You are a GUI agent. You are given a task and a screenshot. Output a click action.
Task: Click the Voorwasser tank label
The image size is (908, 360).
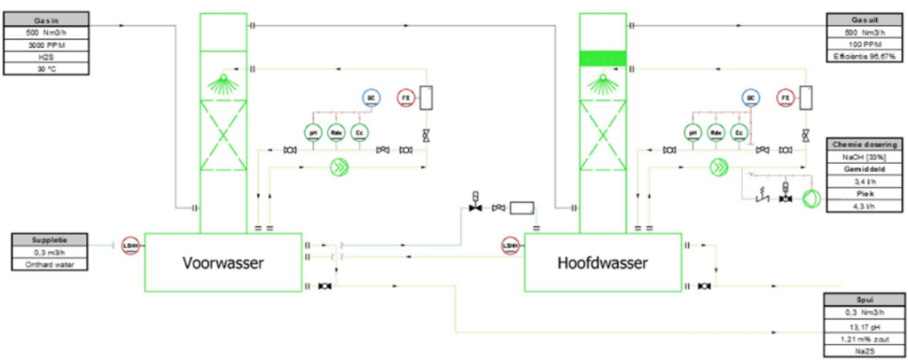pyautogui.click(x=224, y=262)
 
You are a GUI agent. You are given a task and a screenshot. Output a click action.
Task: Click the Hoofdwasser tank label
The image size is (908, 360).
pyautogui.click(x=603, y=262)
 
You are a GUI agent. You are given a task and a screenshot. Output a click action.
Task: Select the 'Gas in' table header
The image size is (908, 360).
pyautogui.click(x=46, y=19)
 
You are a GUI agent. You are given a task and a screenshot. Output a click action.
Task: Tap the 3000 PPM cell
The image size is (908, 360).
pyautogui.click(x=46, y=43)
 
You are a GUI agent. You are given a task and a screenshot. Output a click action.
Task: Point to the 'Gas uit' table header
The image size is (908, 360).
pyautogui.click(x=865, y=19)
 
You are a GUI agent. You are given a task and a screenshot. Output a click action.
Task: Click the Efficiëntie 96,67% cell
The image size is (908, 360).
pyautogui.click(x=865, y=57)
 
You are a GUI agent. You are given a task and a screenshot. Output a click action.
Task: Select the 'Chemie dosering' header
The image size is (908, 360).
pyautogui.click(x=865, y=144)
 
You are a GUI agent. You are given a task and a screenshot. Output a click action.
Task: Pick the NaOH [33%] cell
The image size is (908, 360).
pyautogui.click(x=865, y=156)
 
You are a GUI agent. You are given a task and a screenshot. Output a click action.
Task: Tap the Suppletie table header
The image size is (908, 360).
pyautogui.click(x=50, y=239)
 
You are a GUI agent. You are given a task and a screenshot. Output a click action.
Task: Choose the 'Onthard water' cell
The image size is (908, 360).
pyautogui.click(x=50, y=263)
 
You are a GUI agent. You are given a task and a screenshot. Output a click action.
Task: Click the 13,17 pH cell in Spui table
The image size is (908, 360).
pyautogui.click(x=865, y=325)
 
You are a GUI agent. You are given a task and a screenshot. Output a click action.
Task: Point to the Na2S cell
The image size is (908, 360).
pyautogui.click(x=865, y=350)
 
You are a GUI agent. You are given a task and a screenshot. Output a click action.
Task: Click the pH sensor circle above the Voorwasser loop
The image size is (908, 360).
pyautogui.click(x=312, y=132)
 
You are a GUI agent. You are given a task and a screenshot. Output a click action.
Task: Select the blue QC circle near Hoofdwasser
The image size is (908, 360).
pyautogui.click(x=751, y=97)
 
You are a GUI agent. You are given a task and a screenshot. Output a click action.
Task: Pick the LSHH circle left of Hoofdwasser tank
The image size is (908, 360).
pyautogui.click(x=510, y=246)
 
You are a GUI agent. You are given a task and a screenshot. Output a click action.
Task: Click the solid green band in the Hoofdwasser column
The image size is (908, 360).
pyautogui.click(x=603, y=59)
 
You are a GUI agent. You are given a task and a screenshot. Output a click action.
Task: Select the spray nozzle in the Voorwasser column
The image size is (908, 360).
pyautogui.click(x=223, y=84)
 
